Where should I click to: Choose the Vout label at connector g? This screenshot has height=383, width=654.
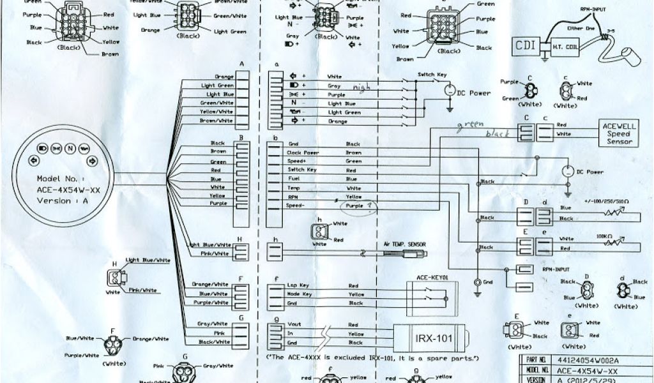[294, 324]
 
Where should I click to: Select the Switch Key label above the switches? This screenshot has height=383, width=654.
[432, 75]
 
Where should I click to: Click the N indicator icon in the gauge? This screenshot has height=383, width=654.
[70, 149]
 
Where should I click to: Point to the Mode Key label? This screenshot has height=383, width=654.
[298, 294]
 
